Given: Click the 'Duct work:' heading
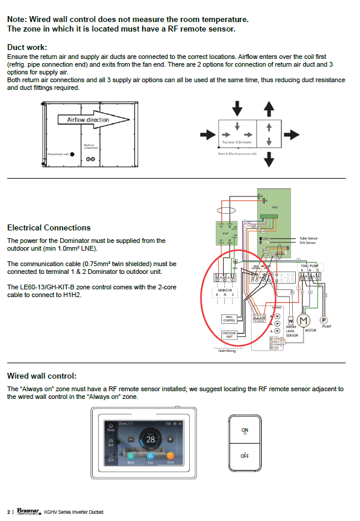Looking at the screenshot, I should point(27,47).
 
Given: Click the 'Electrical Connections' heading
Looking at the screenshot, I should point(49,227).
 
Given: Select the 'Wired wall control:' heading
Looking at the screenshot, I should point(42,376).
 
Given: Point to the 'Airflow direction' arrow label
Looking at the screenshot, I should point(84,120).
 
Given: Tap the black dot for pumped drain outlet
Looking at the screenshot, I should point(72,154).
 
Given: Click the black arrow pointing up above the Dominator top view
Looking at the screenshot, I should point(269,108).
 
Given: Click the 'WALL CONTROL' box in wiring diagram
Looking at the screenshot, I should point(229,319).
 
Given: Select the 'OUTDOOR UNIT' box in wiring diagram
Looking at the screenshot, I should point(230,334).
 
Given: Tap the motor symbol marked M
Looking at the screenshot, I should point(304,321).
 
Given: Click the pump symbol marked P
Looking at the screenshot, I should point(324,319).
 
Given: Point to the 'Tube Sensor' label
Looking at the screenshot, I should point(308,238).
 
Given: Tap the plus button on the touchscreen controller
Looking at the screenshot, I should point(170,439).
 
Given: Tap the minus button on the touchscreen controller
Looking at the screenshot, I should point(130,439).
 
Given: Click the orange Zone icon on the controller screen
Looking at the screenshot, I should point(170,456).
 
